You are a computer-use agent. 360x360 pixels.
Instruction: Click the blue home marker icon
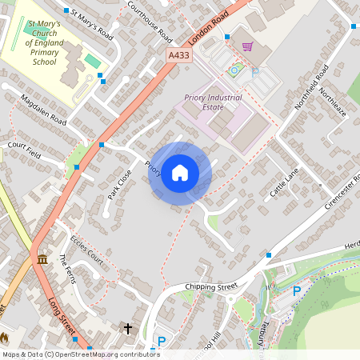180,173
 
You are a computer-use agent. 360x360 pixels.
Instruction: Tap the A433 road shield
179,55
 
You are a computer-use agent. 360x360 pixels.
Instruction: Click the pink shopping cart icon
247,46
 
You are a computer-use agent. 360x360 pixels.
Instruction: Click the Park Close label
119,184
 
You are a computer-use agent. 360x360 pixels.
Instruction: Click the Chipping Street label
211,286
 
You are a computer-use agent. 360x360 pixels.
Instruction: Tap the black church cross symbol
127,328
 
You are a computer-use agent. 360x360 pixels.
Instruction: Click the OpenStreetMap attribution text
80,354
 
